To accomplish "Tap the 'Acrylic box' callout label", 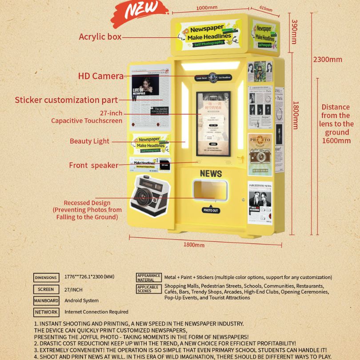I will [100, 37].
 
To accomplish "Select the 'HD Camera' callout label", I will [101, 76].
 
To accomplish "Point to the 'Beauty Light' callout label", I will [89, 141].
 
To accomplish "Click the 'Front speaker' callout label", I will [93, 165].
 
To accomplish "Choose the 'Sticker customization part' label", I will [67, 100].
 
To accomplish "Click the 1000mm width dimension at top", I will [207, 8].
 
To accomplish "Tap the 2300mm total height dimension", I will [328, 60].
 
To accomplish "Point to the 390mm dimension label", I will [294, 31].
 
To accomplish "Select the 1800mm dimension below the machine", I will [194, 244].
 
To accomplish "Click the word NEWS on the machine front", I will [211, 174].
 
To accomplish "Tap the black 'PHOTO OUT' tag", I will [211, 210].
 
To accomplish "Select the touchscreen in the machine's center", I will [213, 124].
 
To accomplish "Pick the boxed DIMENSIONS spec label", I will [46, 278].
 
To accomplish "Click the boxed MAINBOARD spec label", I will [46, 301].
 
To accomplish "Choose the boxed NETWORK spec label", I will [46, 312].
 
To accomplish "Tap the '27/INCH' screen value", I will [74, 289].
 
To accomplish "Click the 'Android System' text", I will [82, 301].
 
